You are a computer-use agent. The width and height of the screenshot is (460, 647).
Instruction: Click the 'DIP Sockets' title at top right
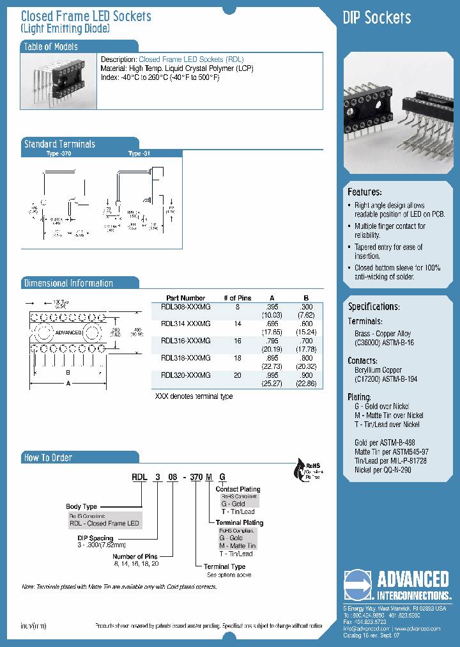tap(377, 17)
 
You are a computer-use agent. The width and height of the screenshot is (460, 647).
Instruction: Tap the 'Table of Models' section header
tap(51, 47)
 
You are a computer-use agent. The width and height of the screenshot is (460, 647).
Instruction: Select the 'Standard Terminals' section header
tap(59, 144)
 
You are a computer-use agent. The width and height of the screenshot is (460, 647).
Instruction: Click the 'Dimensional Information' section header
tap(68, 283)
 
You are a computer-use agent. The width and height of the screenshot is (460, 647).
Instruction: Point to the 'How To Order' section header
tap(48, 458)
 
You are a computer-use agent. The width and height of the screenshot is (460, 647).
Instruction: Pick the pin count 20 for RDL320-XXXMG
tap(237, 376)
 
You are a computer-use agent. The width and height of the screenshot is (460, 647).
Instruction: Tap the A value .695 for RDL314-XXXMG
tap(272, 324)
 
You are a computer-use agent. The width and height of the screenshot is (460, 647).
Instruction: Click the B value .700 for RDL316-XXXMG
tap(306, 341)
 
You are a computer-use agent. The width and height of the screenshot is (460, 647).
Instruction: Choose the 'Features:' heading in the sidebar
tap(365, 192)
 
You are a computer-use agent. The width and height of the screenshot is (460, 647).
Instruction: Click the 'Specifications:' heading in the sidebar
tap(374, 306)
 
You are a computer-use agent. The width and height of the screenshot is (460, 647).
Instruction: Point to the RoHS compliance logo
tap(306, 469)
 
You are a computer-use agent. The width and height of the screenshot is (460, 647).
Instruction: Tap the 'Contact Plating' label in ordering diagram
tap(238, 489)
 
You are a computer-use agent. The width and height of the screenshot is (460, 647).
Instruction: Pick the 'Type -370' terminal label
tap(59, 154)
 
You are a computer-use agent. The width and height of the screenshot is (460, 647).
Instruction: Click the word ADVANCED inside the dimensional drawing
tap(68, 332)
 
